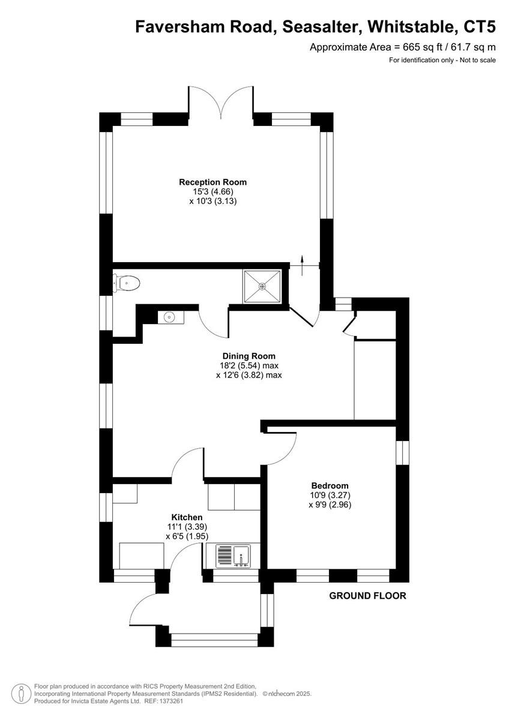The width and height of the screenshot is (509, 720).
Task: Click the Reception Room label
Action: (x=212, y=182)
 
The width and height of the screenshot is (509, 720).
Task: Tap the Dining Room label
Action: (x=249, y=356)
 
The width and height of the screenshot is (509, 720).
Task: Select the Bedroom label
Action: (x=330, y=485)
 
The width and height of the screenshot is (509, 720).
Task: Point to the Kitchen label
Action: (x=187, y=517)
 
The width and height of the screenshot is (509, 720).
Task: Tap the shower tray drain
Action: (x=262, y=286)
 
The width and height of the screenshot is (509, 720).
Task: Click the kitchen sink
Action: (x=233, y=556)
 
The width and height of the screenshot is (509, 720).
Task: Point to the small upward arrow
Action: (x=302, y=265)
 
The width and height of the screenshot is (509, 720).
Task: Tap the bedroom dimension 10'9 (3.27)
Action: (x=330, y=495)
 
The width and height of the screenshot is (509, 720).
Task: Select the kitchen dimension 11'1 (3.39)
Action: (x=187, y=527)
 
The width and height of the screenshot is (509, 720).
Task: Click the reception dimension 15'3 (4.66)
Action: (x=213, y=191)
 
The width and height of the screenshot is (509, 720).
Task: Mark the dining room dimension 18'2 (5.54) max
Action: (x=249, y=365)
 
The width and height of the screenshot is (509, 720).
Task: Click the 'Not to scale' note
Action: (x=478, y=60)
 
